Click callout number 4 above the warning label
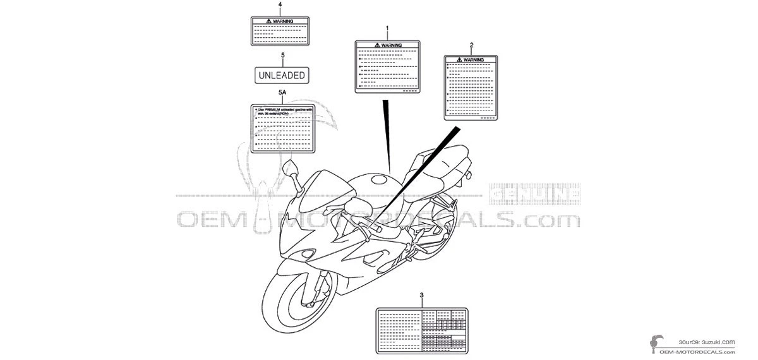[x=280, y=5]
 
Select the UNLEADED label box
[x=282, y=75]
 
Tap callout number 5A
[x=282, y=93]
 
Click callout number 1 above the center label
[x=387, y=29]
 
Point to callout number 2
[x=471, y=45]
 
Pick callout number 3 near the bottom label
[x=422, y=296]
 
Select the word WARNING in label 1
[x=390, y=45]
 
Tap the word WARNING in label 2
[x=474, y=59]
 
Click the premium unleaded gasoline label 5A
[x=282, y=129]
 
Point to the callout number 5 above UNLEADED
[x=282, y=56]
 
